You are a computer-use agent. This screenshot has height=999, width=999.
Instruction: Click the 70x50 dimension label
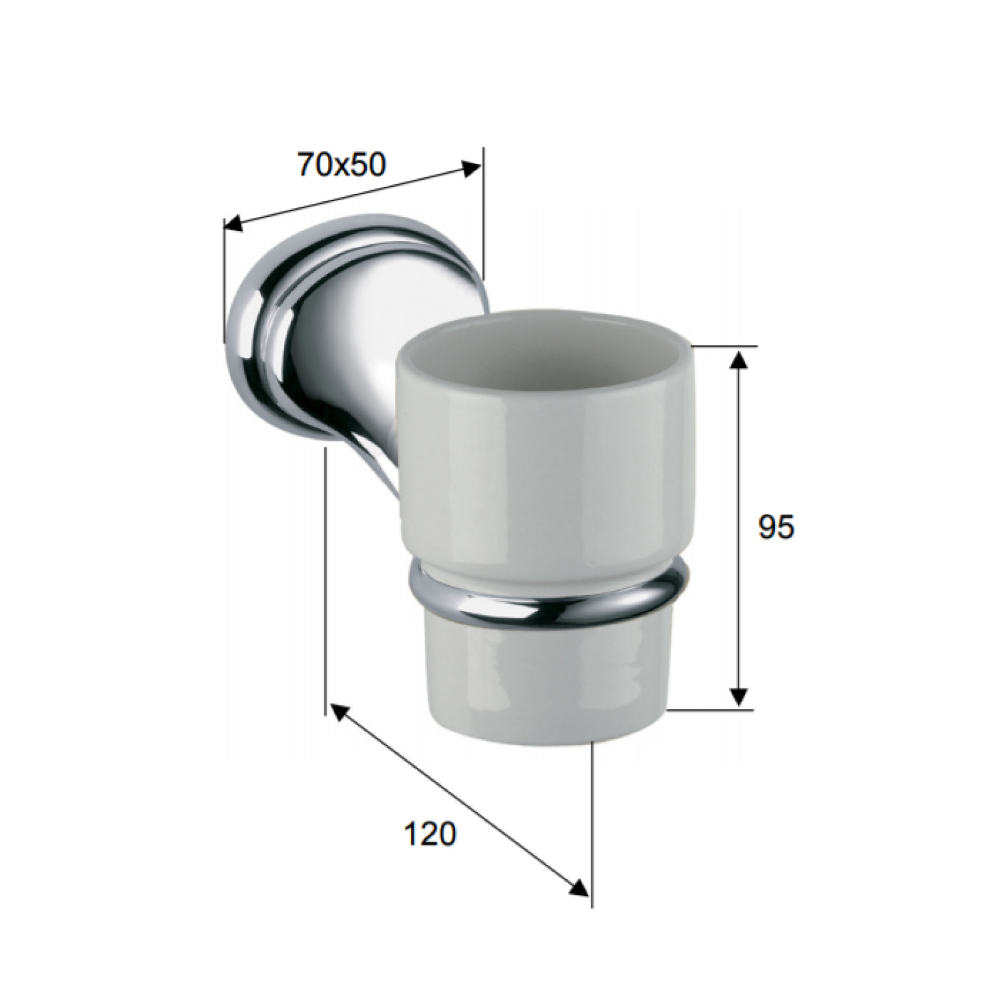pyautogui.click(x=341, y=165)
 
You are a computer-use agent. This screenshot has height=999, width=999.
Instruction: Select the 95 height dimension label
pyautogui.click(x=776, y=527)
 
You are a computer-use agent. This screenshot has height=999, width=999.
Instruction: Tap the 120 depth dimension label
pyautogui.click(x=430, y=834)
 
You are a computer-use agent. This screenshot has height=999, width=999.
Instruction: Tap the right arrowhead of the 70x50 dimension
pyautogui.click(x=471, y=169)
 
